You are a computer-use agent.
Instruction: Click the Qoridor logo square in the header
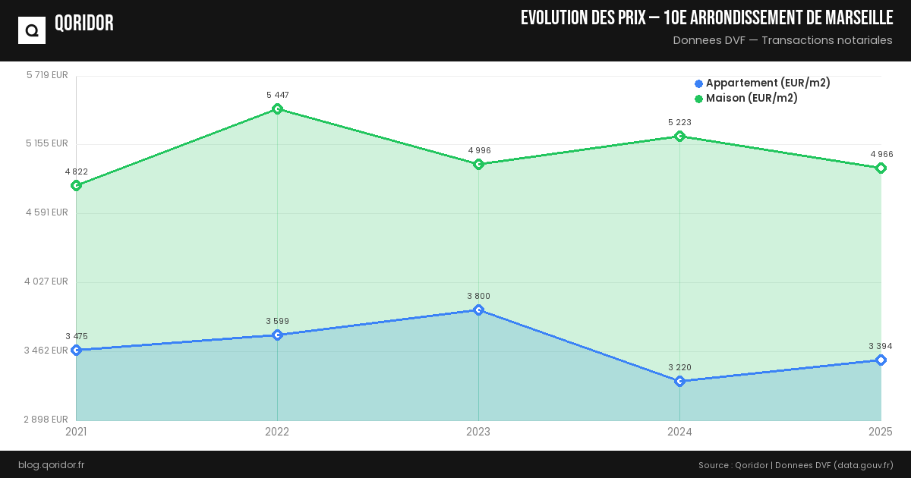(x=32, y=30)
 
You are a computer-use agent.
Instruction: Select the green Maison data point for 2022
(x=277, y=109)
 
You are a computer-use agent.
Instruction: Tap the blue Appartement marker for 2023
(x=478, y=310)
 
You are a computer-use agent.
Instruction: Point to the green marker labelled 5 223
(x=679, y=137)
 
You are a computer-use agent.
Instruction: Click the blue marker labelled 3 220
(x=679, y=381)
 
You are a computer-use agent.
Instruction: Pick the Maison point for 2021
(x=76, y=185)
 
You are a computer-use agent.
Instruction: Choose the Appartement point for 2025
(x=881, y=360)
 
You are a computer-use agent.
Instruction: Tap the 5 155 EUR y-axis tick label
(x=47, y=143)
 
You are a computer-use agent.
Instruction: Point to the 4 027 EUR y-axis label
(x=47, y=281)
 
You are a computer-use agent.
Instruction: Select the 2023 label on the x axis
(x=478, y=432)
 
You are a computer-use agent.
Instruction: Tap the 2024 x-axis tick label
(x=679, y=432)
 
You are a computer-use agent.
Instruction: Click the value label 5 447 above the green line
(x=277, y=95)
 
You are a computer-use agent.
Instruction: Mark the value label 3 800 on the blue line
(x=478, y=296)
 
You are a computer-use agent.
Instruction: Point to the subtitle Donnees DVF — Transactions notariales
(x=783, y=40)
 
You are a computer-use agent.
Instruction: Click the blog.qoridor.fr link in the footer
(x=51, y=464)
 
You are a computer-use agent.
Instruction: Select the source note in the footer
(x=796, y=464)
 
